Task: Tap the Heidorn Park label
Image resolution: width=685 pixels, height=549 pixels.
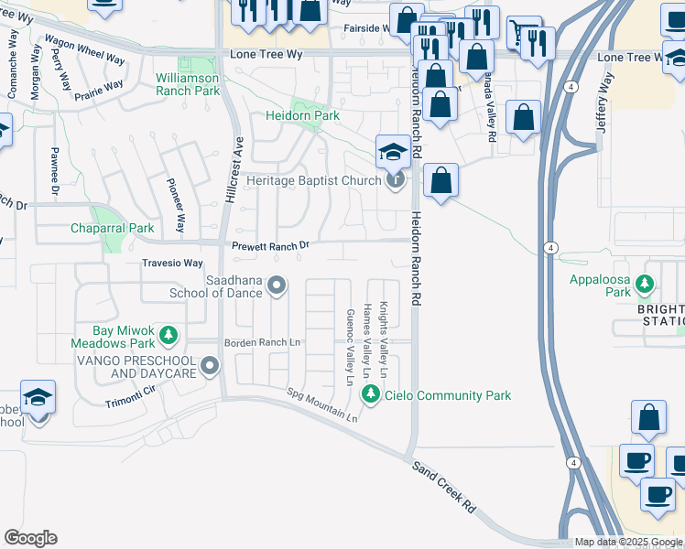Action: click(x=302, y=116)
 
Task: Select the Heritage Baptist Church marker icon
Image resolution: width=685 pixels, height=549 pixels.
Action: click(x=395, y=180)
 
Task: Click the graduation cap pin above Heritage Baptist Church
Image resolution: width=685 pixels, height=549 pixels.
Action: click(x=392, y=151)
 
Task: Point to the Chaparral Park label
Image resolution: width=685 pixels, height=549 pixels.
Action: click(x=114, y=228)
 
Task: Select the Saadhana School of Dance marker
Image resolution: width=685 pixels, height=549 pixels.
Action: click(x=277, y=289)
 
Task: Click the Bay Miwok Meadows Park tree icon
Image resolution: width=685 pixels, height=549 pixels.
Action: click(x=168, y=336)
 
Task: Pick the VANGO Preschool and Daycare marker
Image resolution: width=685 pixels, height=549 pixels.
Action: click(x=210, y=367)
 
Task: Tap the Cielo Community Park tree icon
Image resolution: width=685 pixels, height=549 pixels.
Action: click(x=371, y=394)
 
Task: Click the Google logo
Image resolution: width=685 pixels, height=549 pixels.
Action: click(x=30, y=538)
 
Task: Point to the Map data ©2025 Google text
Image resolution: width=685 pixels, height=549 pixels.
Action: click(x=627, y=542)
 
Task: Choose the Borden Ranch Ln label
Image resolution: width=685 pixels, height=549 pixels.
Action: click(x=262, y=342)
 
